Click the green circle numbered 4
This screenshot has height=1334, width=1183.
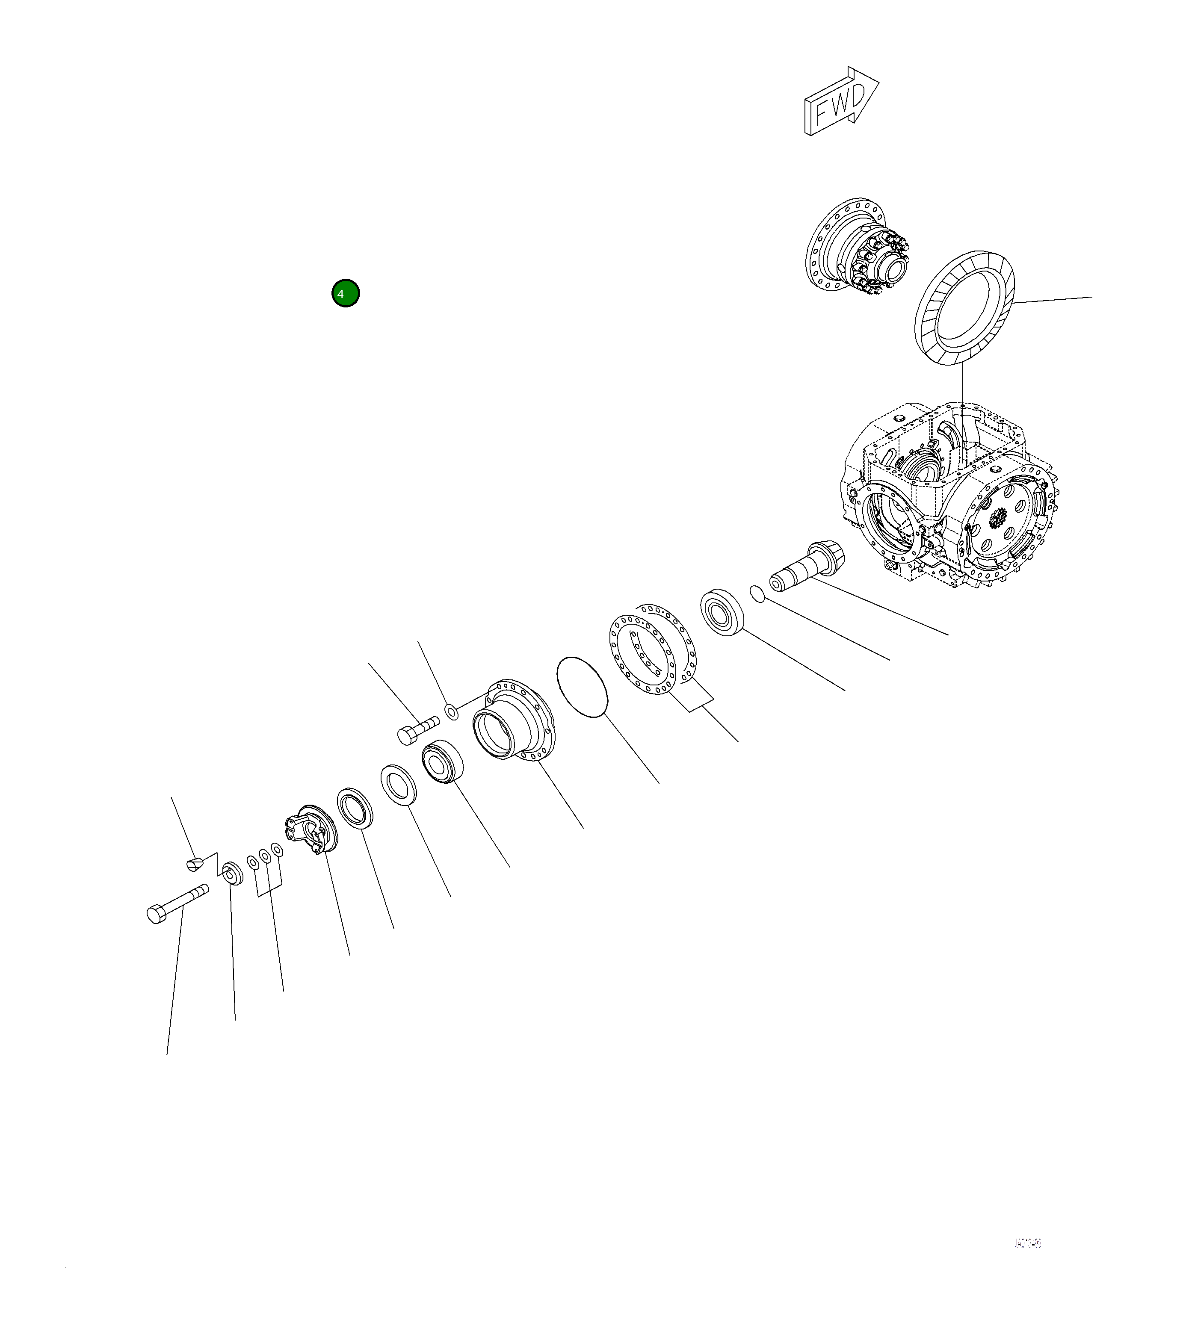tap(346, 294)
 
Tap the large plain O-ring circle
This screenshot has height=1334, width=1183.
tap(583, 687)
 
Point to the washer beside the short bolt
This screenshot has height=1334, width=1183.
tap(452, 711)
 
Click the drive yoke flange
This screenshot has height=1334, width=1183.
tap(310, 829)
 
